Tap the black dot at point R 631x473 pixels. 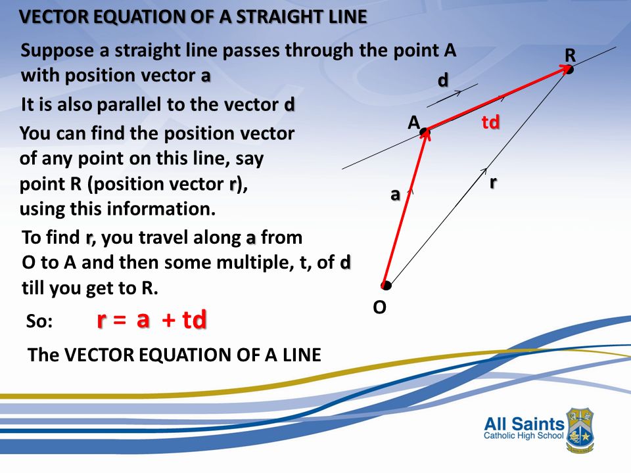tap(569, 70)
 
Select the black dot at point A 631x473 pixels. tap(425, 132)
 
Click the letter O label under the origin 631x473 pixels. tap(379, 307)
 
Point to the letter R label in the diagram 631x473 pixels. tap(570, 56)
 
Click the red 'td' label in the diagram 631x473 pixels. tap(490, 122)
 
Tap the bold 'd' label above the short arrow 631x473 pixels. tap(443, 80)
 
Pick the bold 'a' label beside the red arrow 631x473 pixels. tap(395, 194)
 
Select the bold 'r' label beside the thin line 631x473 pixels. tap(492, 182)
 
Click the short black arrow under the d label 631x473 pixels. tap(452, 96)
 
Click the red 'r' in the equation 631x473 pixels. tap(101, 320)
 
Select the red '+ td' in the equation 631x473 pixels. tap(185, 320)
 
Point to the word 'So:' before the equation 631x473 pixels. tap(38, 322)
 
